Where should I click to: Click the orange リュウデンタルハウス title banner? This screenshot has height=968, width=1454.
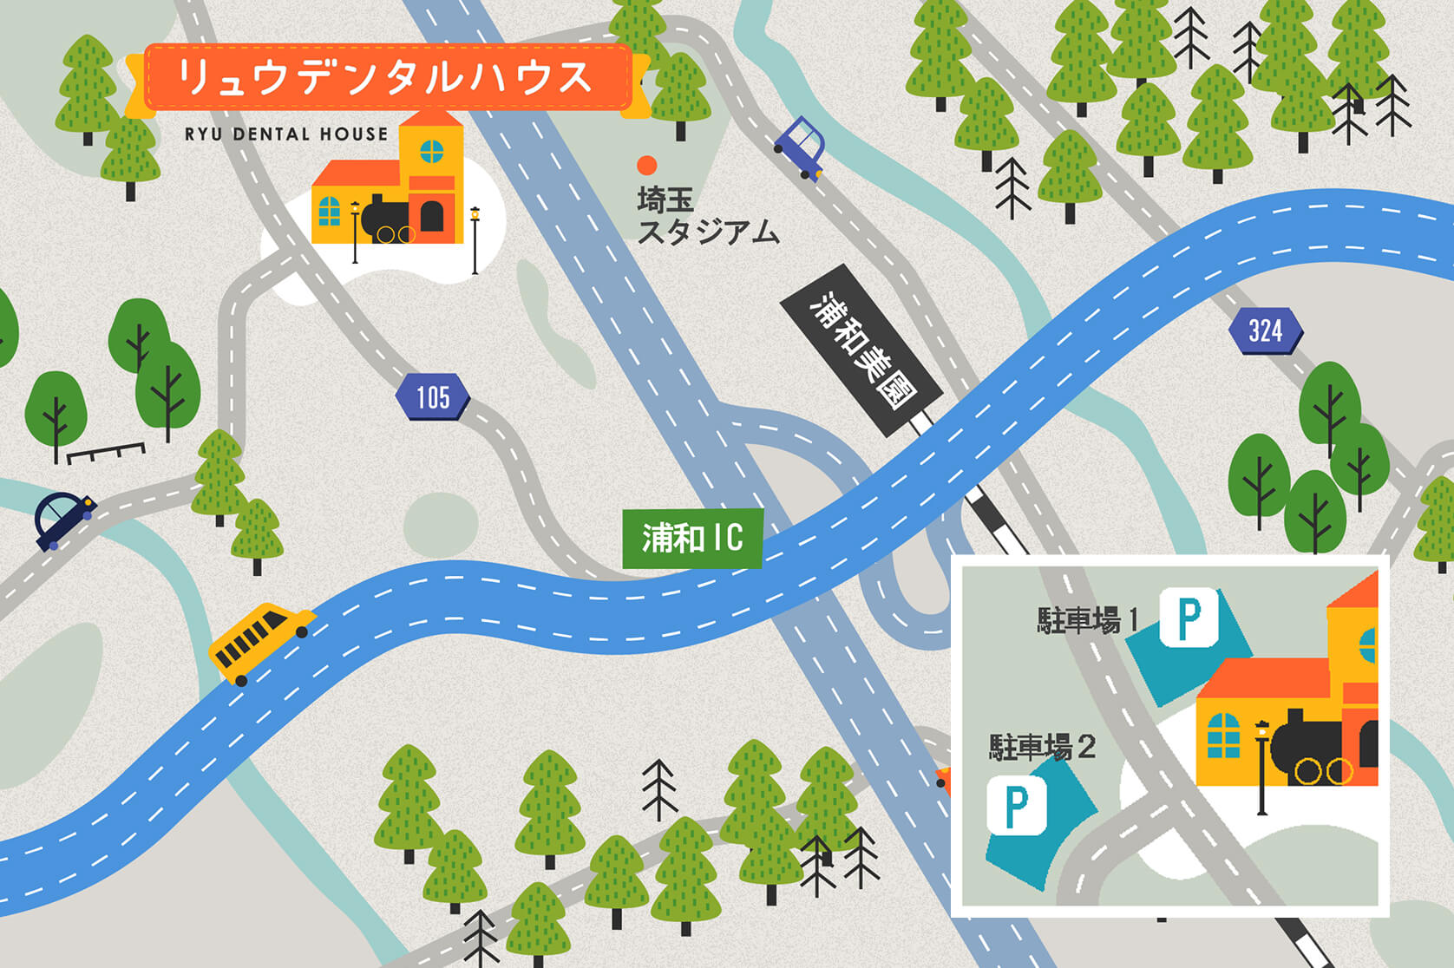[x=387, y=78]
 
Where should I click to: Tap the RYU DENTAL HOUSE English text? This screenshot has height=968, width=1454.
[x=286, y=134]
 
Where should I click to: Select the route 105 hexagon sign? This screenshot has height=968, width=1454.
[x=432, y=397]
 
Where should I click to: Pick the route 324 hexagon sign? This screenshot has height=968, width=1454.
[x=1265, y=330]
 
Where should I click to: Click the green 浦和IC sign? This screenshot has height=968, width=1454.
[x=692, y=539]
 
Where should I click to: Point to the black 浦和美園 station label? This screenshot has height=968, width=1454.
[x=861, y=350]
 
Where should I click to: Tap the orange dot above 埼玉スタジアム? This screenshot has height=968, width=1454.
[x=646, y=165]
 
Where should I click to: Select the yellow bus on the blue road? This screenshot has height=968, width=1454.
[x=260, y=642]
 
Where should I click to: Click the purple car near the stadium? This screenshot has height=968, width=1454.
[x=801, y=148]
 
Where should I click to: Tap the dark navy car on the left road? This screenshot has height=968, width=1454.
[x=62, y=520]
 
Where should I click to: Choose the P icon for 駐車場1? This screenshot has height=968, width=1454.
[x=1189, y=617]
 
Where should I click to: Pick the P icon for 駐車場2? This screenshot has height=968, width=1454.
[x=1016, y=806]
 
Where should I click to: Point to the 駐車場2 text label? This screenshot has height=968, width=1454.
[x=1042, y=747]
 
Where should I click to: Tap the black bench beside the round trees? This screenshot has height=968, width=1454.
[x=106, y=452]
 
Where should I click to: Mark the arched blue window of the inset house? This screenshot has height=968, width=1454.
[x=1223, y=736]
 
